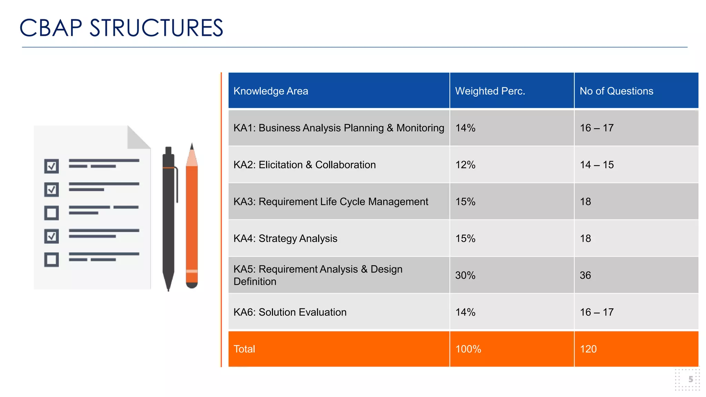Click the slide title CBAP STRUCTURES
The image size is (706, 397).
coord(121,28)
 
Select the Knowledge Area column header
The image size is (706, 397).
coord(271,91)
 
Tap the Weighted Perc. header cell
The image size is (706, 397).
coord(490,91)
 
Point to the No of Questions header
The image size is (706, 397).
coord(616,91)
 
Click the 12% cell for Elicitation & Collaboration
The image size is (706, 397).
coord(465,165)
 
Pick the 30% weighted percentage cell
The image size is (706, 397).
coord(465,275)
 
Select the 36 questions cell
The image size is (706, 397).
coord(585,275)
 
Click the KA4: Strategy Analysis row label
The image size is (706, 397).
coord(285,238)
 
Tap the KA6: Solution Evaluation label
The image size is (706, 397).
coord(290,312)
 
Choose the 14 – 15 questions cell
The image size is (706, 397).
coord(597,165)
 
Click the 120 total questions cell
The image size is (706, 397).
coord(588,349)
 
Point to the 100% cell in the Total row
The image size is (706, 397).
coord(468,349)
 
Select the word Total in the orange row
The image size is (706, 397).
coord(244,349)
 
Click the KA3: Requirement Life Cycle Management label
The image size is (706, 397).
coord(331,202)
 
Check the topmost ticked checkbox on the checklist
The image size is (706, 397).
coord(52,166)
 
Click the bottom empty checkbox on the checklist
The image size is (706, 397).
coord(52,259)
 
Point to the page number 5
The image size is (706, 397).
coord(690,379)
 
